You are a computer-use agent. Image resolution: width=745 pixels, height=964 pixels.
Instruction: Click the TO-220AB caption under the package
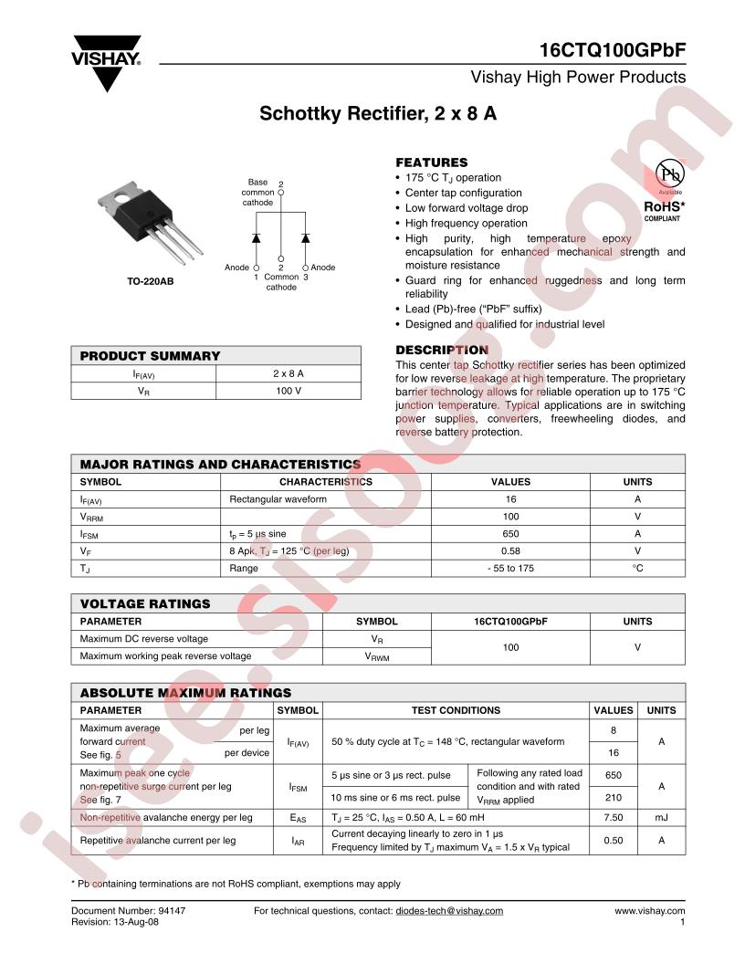click(150, 282)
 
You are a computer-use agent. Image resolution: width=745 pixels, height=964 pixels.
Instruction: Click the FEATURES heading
click(431, 162)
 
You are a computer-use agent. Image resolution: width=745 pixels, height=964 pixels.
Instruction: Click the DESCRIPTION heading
click(441, 350)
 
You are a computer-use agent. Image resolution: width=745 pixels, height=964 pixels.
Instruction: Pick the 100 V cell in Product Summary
click(288, 390)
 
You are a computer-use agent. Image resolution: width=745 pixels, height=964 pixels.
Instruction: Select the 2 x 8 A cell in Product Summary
click(288, 373)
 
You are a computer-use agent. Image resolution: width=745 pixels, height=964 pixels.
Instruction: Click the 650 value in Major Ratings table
click(510, 533)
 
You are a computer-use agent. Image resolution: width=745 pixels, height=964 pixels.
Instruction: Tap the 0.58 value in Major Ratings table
click(510, 550)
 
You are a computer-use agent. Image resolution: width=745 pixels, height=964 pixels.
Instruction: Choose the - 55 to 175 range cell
click(510, 568)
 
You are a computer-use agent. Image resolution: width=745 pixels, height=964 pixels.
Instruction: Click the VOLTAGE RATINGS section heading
click(145, 603)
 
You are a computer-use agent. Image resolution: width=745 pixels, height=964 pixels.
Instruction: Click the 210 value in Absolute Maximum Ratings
click(613, 797)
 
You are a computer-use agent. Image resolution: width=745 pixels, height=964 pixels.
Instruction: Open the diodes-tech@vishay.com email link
click(448, 911)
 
